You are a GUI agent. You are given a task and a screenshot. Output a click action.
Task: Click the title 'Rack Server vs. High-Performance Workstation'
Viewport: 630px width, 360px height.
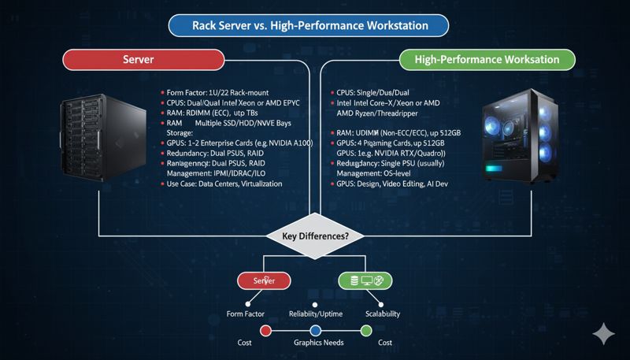(309, 26)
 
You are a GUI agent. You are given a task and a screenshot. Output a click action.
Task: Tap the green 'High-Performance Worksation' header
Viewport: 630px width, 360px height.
(487, 60)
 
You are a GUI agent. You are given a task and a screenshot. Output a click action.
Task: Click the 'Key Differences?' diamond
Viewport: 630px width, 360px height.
(314, 236)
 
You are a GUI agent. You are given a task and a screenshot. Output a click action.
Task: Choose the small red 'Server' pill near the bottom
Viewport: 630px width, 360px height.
(265, 280)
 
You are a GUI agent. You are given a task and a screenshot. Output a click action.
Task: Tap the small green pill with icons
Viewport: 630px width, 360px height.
(365, 280)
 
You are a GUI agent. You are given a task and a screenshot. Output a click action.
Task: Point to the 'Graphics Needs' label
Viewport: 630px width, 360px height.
(315, 343)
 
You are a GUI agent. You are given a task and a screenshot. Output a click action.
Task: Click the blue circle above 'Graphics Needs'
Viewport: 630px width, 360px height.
(315, 330)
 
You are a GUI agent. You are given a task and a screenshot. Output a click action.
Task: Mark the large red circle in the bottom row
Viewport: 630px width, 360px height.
(265, 330)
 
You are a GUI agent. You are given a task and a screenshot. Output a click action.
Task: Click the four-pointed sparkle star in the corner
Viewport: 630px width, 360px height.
(604, 334)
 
